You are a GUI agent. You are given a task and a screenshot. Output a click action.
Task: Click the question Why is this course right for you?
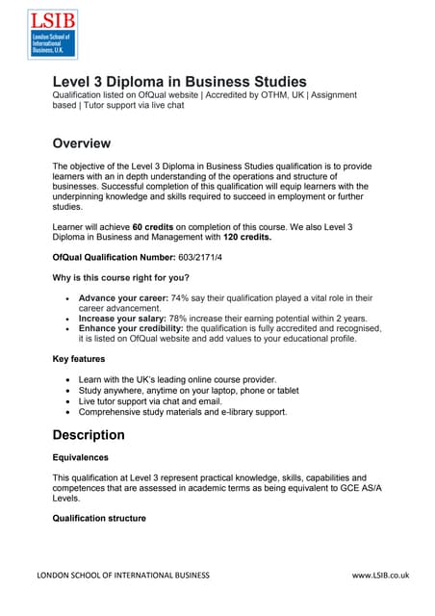click(127, 277)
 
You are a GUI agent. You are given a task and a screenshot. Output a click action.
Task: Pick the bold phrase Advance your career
click(122, 298)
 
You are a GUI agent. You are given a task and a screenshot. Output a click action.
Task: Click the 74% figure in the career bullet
click(180, 298)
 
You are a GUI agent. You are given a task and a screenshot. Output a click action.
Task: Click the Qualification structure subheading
click(99, 518)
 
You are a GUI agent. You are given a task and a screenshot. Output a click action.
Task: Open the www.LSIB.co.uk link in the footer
click(380, 576)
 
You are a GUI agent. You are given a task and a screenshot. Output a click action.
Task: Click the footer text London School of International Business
click(122, 576)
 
